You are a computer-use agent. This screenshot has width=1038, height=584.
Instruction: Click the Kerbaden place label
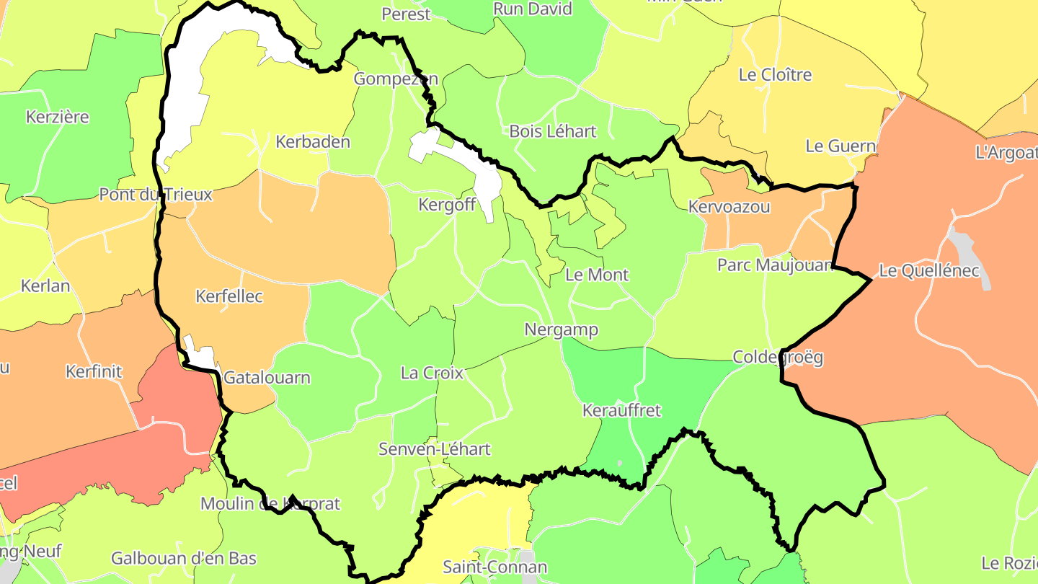313,142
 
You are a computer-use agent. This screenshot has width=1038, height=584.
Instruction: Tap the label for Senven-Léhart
435,449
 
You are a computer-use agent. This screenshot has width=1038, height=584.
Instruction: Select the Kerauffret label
621,411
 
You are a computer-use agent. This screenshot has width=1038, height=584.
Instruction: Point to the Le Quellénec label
929,272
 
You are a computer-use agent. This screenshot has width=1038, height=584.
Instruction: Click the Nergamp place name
562,330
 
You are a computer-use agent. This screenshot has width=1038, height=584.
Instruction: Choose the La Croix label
432,373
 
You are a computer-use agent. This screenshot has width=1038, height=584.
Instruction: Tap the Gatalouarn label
267,378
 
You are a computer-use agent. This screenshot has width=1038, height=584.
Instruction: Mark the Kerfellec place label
229,296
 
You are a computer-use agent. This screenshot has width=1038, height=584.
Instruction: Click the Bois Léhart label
553,131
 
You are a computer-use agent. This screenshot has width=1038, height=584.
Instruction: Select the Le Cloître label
775,75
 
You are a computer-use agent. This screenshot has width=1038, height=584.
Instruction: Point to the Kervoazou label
729,208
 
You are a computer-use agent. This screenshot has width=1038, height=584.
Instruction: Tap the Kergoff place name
447,205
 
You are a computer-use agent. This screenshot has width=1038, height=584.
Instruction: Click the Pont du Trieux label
156,195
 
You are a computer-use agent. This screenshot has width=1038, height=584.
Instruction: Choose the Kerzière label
57,117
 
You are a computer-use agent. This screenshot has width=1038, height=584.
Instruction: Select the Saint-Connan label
494,567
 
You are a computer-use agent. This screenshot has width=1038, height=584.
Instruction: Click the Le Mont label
597,275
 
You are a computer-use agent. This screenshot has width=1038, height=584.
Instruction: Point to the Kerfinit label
94,372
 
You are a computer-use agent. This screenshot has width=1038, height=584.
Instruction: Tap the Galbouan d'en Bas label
184,558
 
